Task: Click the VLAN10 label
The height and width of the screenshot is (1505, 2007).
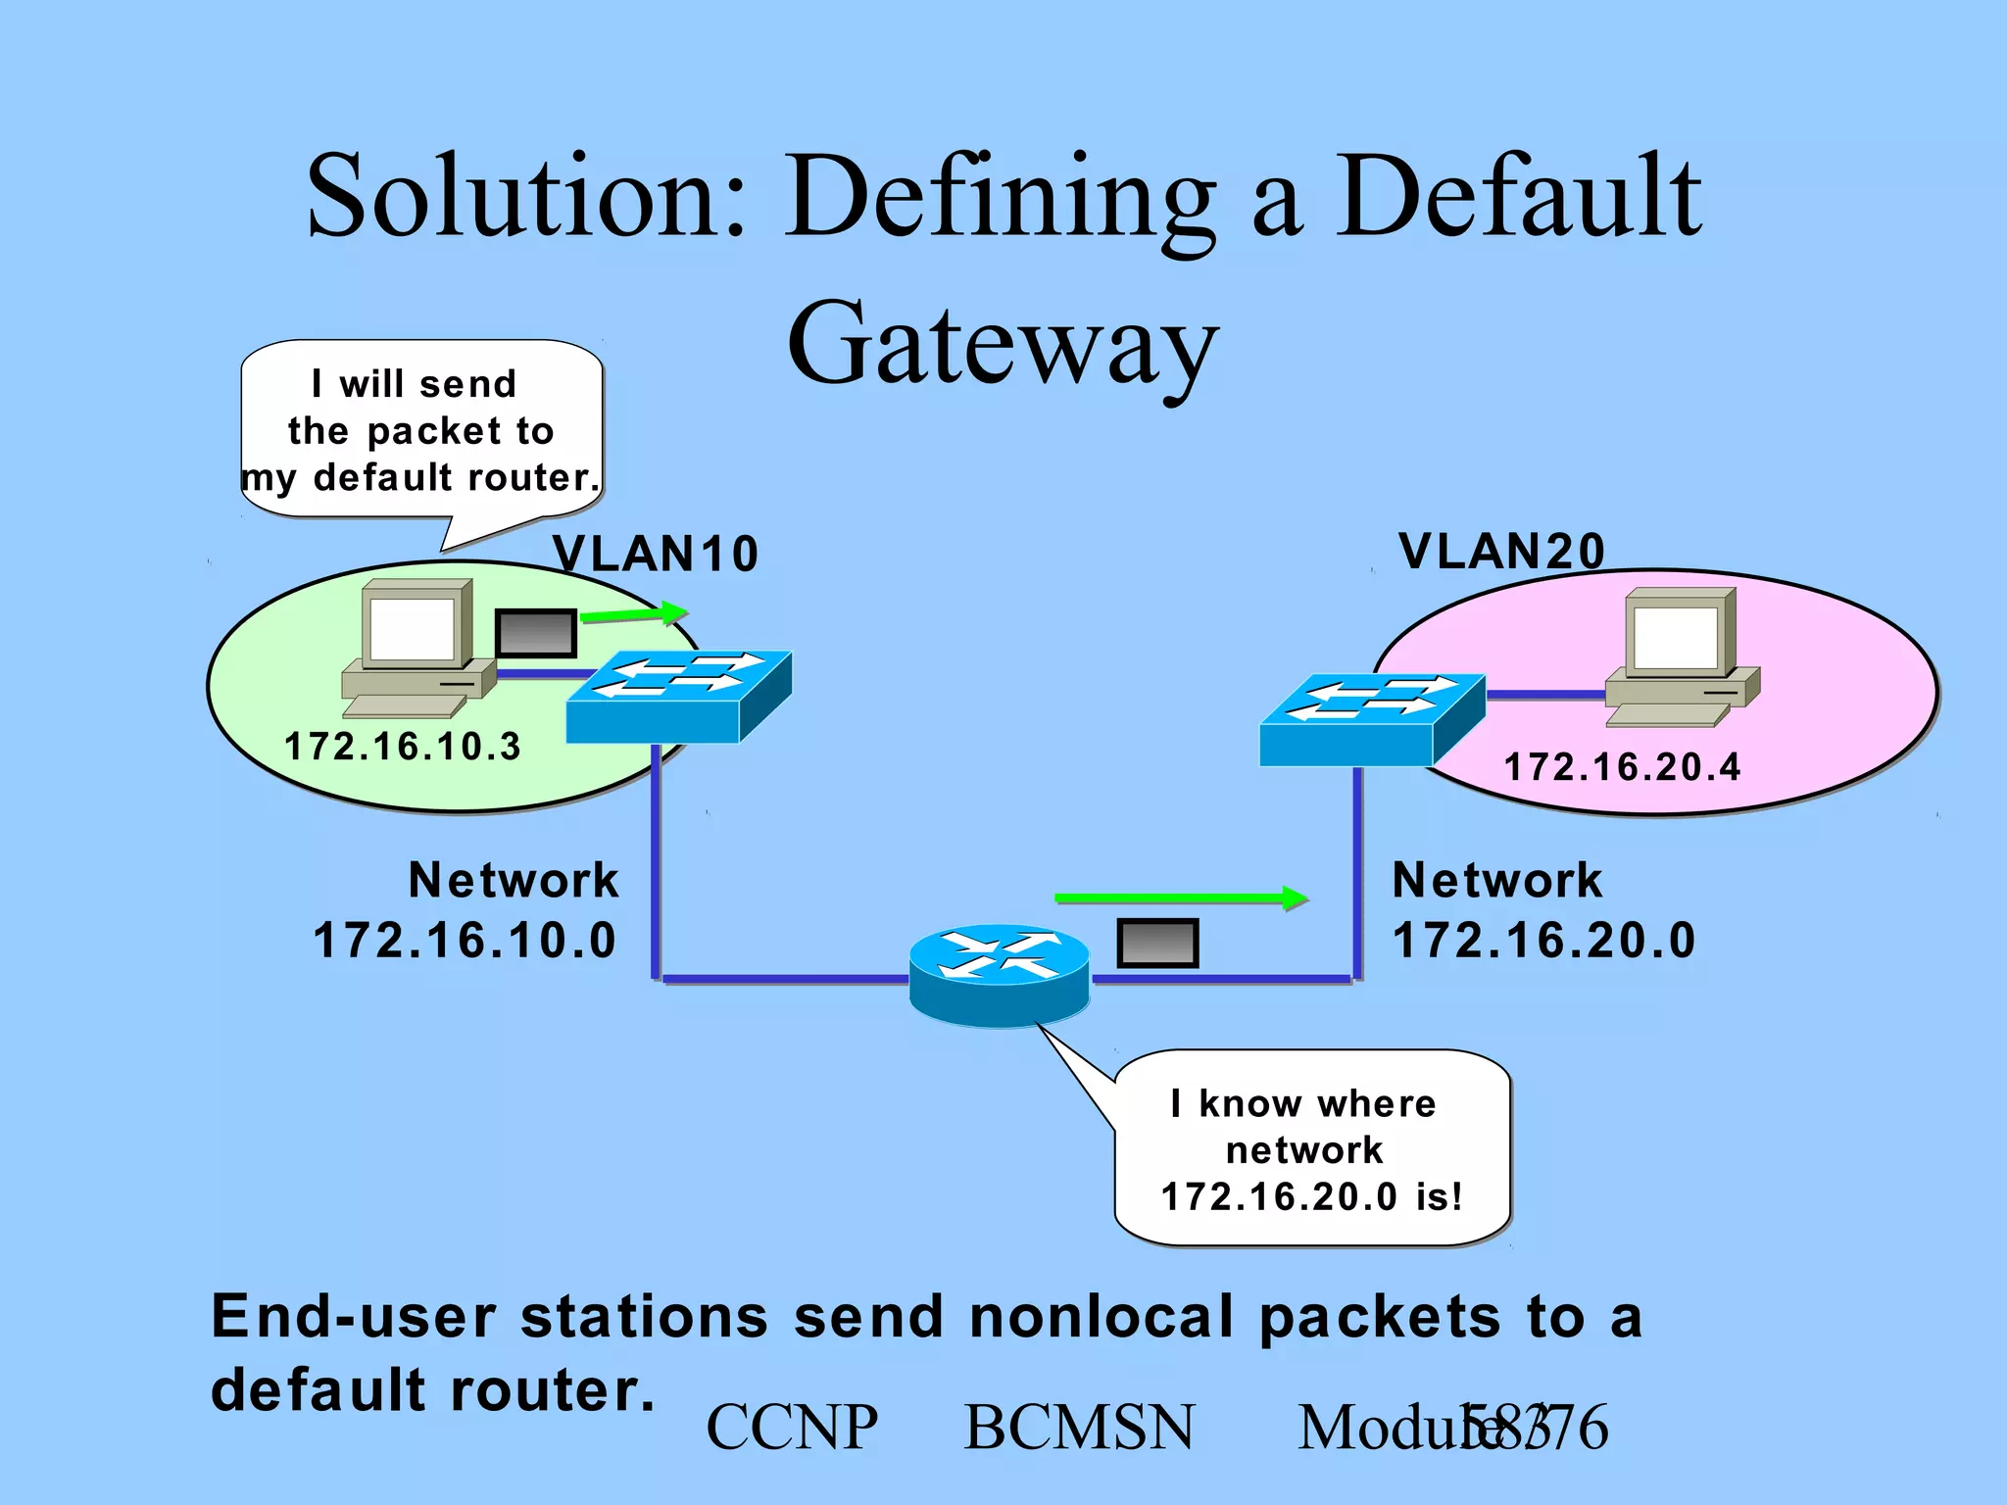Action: click(x=656, y=554)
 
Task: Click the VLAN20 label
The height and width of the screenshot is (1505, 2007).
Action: click(x=1501, y=551)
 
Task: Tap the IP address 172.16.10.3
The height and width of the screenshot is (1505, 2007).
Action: click(x=402, y=747)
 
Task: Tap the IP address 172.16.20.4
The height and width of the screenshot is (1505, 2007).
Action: click(x=1622, y=767)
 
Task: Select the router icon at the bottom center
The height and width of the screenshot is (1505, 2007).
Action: click(x=999, y=974)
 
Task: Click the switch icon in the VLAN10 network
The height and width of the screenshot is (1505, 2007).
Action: click(x=678, y=697)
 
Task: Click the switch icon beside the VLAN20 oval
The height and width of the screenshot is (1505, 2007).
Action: click(x=1371, y=719)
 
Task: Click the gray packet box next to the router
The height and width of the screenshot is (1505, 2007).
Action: click(x=1157, y=943)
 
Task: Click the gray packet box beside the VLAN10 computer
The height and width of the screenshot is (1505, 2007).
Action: click(x=535, y=633)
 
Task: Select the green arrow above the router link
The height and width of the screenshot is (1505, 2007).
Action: click(x=1181, y=898)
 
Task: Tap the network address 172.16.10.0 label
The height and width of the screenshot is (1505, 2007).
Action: click(x=465, y=941)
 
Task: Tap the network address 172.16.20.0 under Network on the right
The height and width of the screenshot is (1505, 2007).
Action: click(x=1543, y=941)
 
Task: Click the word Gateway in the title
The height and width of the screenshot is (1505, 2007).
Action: click(x=1003, y=343)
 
